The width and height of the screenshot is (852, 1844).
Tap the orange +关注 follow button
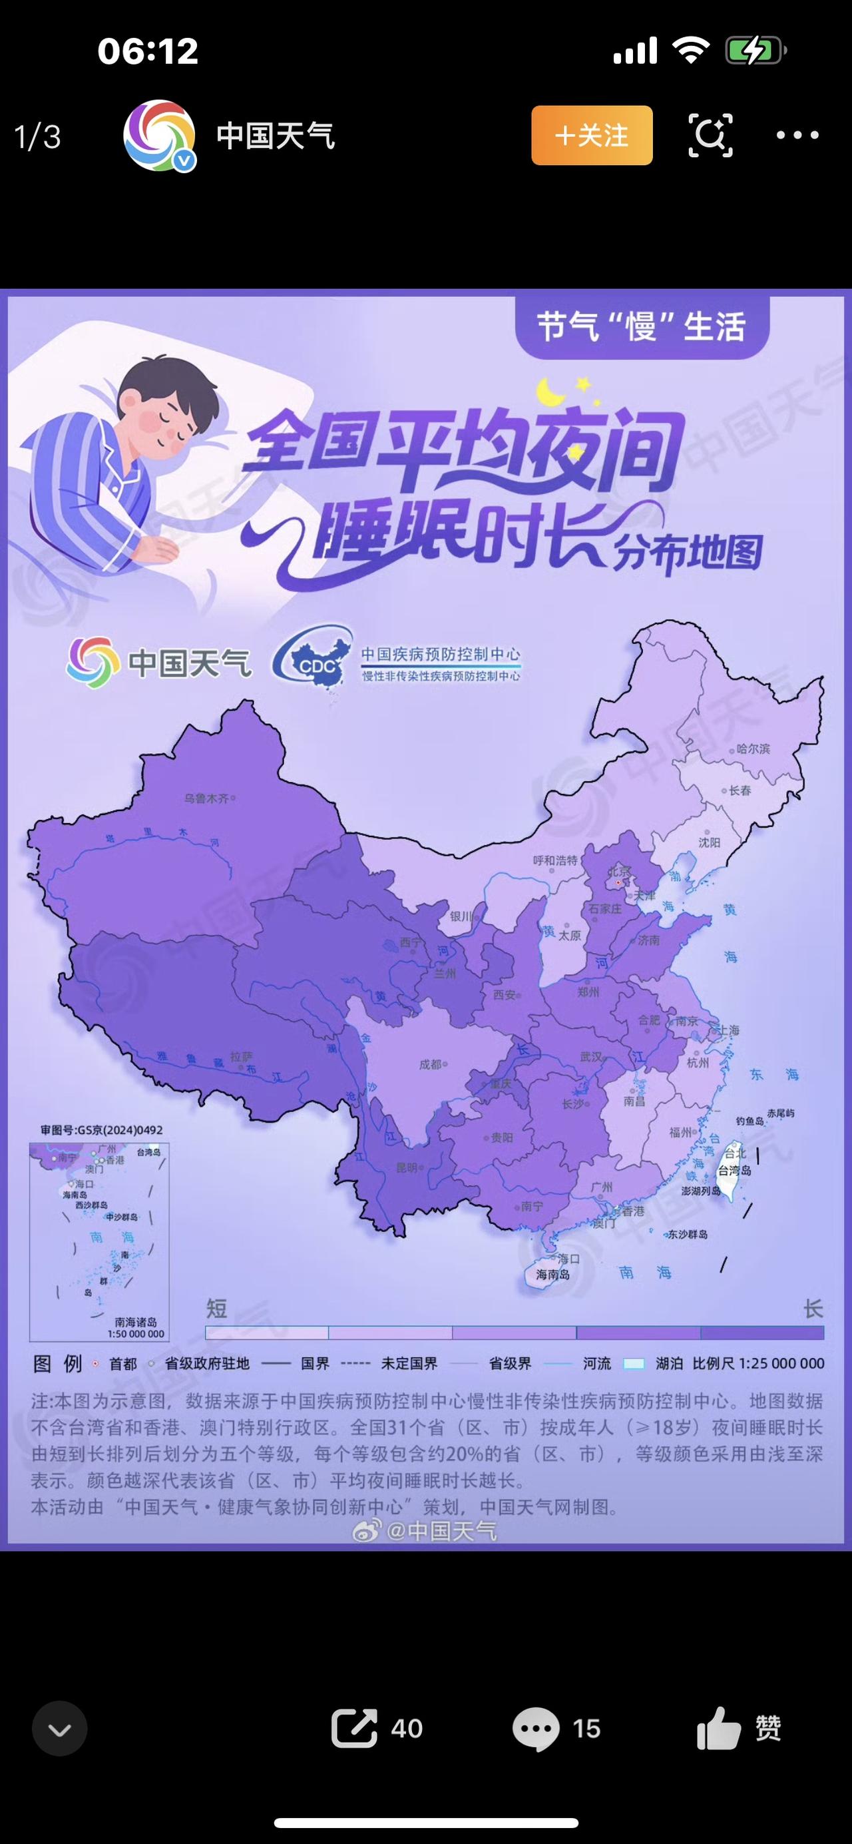tap(592, 135)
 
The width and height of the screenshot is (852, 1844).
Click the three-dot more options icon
tap(797, 135)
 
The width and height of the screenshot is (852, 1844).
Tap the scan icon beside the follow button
tap(710, 135)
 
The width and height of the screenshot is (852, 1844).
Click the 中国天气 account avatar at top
tap(159, 135)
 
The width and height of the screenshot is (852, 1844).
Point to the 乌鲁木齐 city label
tap(206, 797)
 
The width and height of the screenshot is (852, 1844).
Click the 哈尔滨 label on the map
tap(753, 749)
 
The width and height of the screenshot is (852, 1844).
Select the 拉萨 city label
tap(241, 1057)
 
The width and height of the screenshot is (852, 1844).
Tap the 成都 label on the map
tap(430, 1064)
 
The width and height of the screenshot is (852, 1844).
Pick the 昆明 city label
tap(406, 1167)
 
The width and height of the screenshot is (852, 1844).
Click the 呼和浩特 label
tap(554, 860)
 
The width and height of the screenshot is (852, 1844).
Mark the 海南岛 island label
tap(552, 1275)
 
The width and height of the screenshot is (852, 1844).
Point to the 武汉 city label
tap(591, 1057)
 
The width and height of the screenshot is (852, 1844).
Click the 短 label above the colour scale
tap(216, 1309)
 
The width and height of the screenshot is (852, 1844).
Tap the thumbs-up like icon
tap(719, 1728)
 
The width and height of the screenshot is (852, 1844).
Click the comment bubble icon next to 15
tap(536, 1729)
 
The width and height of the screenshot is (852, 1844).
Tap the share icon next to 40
tap(354, 1728)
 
